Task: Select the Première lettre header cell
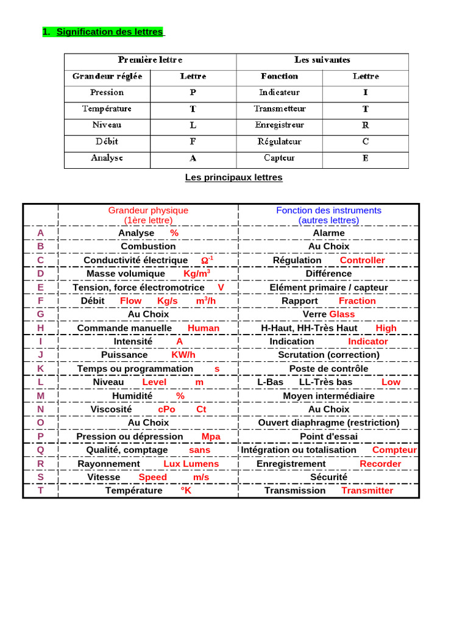(150, 60)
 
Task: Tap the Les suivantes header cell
(322, 60)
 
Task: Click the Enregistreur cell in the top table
(279, 125)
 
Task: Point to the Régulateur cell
(279, 141)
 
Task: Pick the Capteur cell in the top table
(279, 158)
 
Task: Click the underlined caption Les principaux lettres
(233, 177)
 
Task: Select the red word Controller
(362, 260)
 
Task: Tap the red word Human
(204, 328)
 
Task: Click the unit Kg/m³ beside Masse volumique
(197, 274)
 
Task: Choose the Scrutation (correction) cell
(328, 355)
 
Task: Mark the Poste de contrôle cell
(328, 369)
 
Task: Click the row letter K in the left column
(40, 369)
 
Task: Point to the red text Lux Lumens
(191, 464)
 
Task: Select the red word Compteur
(394, 450)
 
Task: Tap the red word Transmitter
(367, 491)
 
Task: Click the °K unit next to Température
(185, 491)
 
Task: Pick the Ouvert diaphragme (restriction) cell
(328, 422)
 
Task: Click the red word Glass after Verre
(342, 314)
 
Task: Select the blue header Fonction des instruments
(328, 210)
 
